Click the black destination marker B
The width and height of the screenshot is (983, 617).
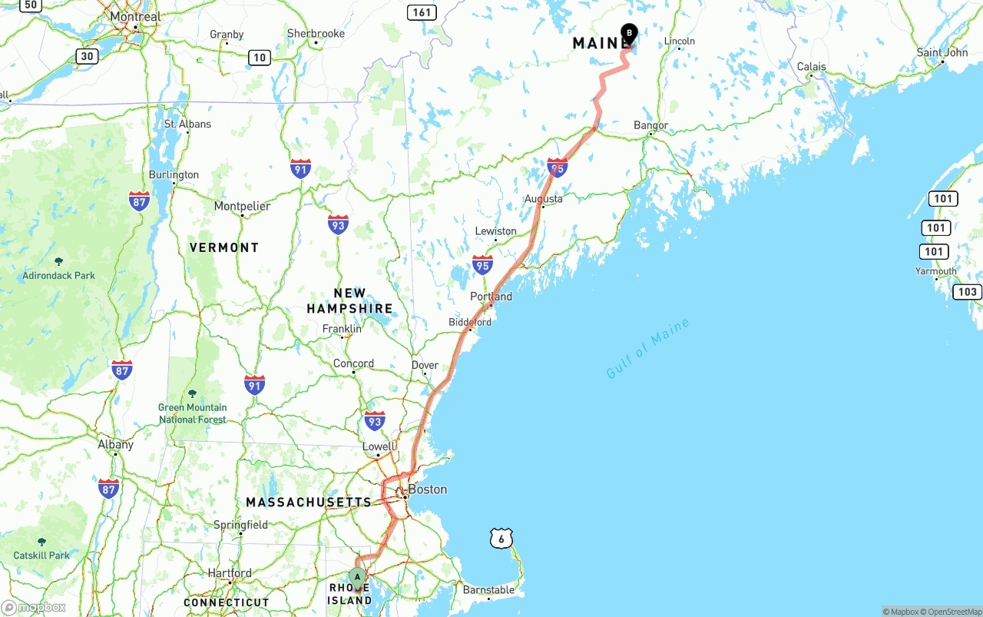(629, 34)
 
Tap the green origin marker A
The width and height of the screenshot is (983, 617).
(357, 577)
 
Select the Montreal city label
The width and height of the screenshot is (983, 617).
(135, 16)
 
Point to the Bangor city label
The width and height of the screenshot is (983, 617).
(651, 125)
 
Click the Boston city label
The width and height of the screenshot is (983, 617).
(427, 489)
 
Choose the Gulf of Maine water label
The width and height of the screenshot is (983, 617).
(647, 348)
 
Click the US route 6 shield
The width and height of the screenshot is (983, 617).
(501, 539)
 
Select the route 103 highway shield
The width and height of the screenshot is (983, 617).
(967, 292)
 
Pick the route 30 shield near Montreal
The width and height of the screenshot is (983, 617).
(87, 56)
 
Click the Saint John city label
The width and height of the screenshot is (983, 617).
(942, 52)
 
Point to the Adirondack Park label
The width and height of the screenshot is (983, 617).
(58, 275)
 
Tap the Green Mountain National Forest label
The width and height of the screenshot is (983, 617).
(193, 413)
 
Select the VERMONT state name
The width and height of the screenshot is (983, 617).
(224, 247)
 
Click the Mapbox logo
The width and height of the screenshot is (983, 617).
(33, 608)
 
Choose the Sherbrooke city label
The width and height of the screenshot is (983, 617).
(316, 33)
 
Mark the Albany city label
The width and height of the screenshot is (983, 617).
(115, 444)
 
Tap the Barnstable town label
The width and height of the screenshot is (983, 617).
(488, 590)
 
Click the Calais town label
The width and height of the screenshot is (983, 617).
(811, 67)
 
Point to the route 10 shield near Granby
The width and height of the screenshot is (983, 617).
(260, 58)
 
